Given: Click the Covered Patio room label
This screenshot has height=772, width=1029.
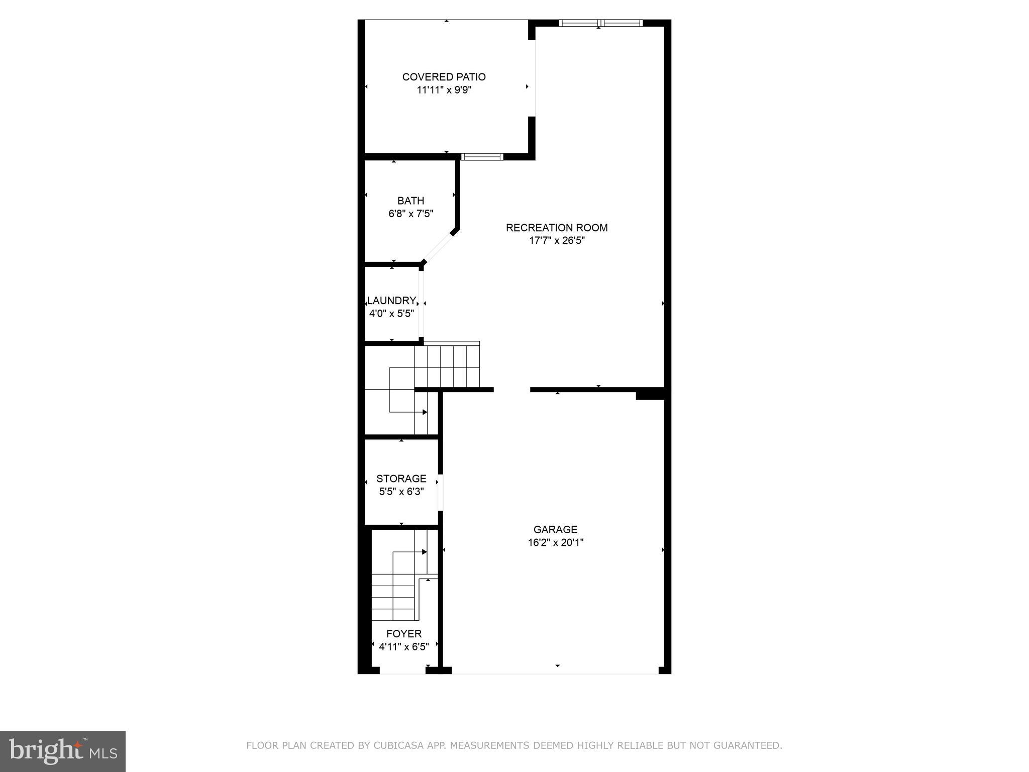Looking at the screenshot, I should tap(444, 77).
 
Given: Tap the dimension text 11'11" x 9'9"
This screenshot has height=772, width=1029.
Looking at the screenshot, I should tap(444, 90).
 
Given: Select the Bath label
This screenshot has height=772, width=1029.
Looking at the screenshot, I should tap(410, 201).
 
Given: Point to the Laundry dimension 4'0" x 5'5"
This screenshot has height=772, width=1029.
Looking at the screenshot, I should tap(391, 314).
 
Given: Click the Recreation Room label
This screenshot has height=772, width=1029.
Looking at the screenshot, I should tap(557, 228).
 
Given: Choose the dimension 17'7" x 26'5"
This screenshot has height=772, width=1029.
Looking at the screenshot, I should tap(557, 241).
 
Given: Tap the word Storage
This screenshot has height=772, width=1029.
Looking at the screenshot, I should tap(401, 478).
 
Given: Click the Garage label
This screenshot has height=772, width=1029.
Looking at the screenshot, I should tap(555, 529).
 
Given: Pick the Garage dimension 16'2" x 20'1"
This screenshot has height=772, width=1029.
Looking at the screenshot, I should tap(555, 543).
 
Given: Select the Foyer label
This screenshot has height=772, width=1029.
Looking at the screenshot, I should tap(403, 634).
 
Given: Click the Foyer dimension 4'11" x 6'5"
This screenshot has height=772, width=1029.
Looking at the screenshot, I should tap(403, 647).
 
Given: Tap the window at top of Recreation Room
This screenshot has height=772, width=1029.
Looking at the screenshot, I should tap(600, 23).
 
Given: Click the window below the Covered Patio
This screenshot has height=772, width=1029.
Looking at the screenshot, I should tap(482, 157).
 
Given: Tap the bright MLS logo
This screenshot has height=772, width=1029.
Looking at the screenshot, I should tap(63, 751).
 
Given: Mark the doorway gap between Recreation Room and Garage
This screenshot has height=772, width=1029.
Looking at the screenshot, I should tap(511, 390).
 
